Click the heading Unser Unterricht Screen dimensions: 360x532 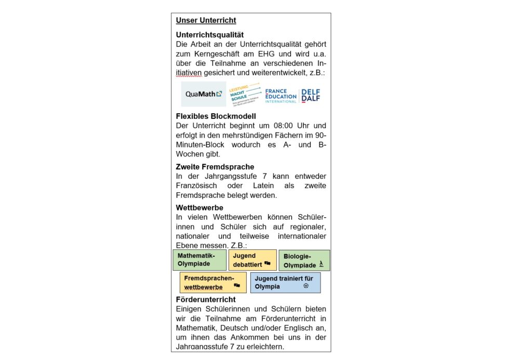point(206,21)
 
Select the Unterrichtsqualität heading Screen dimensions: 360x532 point(210,35)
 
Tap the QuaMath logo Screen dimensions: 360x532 point(204,94)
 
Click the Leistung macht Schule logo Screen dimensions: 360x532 point(245,95)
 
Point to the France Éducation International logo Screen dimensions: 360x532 point(281,95)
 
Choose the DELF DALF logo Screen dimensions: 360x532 point(311,95)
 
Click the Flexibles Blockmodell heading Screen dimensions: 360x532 point(216,116)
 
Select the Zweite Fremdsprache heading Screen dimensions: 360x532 point(215,167)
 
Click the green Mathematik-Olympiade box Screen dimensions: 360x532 point(199,260)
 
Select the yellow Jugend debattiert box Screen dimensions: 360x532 point(252,260)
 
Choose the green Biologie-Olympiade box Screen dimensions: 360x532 point(304,260)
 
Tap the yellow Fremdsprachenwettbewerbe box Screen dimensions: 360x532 point(212,282)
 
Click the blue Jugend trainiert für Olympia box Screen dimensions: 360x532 point(285,282)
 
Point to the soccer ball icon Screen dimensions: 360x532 point(306,286)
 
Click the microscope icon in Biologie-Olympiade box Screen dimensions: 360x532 point(322,265)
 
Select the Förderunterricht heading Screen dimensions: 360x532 point(206,299)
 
